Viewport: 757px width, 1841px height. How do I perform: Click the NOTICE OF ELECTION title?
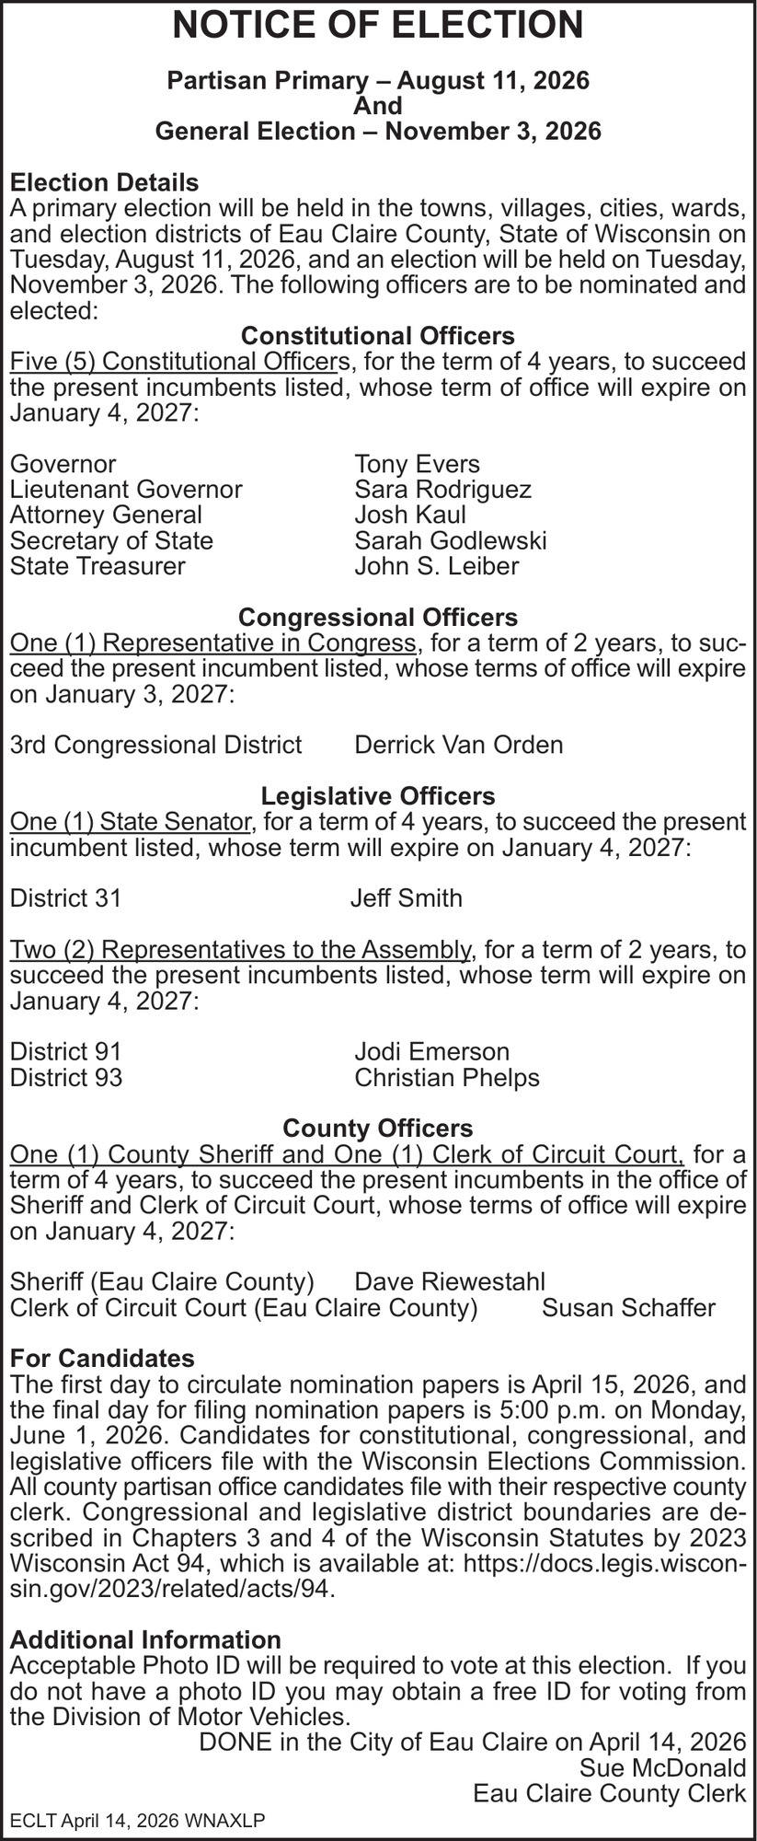pyautogui.click(x=378, y=26)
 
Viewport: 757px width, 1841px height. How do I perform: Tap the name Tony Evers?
pyautogui.click(x=417, y=464)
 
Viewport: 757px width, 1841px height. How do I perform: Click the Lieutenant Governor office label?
pyautogui.click(x=126, y=489)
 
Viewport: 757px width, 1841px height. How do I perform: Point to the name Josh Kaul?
pyautogui.click(x=410, y=515)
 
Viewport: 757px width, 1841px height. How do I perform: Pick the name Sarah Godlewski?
pyautogui.click(x=450, y=540)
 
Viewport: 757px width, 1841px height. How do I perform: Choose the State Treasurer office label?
pyautogui.click(x=97, y=566)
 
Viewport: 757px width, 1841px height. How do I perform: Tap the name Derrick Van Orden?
pyautogui.click(x=458, y=744)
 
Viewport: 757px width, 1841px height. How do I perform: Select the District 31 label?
pyautogui.click(x=65, y=897)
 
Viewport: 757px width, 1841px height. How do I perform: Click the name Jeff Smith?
pyautogui.click(x=406, y=897)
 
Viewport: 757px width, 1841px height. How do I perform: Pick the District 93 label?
pyautogui.click(x=65, y=1077)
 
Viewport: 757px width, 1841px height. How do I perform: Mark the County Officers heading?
pyautogui.click(x=378, y=1128)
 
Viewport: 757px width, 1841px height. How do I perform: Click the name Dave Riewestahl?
pyautogui.click(x=450, y=1281)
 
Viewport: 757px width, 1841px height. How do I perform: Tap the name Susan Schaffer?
pyautogui.click(x=628, y=1307)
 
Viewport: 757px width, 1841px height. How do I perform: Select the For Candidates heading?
pyautogui.click(x=102, y=1358)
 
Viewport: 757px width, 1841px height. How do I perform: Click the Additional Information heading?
pyautogui.click(x=145, y=1639)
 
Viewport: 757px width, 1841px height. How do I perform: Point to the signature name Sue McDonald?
pyautogui.click(x=662, y=1767)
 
